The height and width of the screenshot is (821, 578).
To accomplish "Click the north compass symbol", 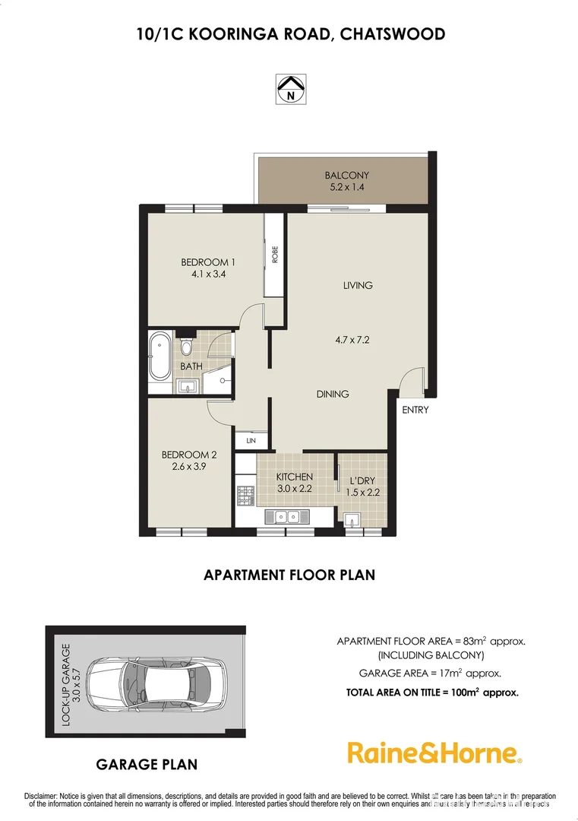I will [x=289, y=89].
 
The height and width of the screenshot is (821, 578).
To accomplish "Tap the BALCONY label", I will [x=346, y=175].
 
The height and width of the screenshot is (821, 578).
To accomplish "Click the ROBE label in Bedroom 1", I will [x=275, y=255].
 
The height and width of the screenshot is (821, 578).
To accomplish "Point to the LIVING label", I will [x=357, y=286].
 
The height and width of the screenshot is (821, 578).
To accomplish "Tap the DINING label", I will [x=332, y=394].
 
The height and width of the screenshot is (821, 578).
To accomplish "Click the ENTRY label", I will [x=415, y=410].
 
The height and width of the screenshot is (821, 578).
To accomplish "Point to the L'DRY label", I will [x=362, y=481].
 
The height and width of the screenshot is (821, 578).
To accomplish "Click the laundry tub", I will [x=352, y=520].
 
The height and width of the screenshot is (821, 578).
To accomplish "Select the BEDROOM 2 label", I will [x=189, y=455].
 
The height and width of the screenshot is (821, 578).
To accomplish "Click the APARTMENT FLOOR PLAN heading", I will [x=289, y=575].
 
